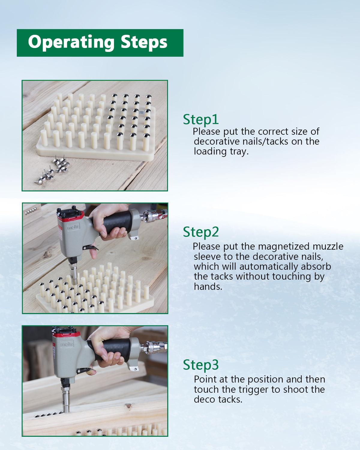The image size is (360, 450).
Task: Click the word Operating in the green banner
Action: click(x=71, y=43)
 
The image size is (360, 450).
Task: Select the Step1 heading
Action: click(x=201, y=120)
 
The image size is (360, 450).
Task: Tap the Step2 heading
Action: click(x=201, y=232)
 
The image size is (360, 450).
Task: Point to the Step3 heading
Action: click(x=201, y=365)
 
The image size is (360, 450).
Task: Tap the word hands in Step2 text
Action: click(x=208, y=286)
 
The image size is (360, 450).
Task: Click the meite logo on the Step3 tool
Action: click(x=67, y=344)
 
